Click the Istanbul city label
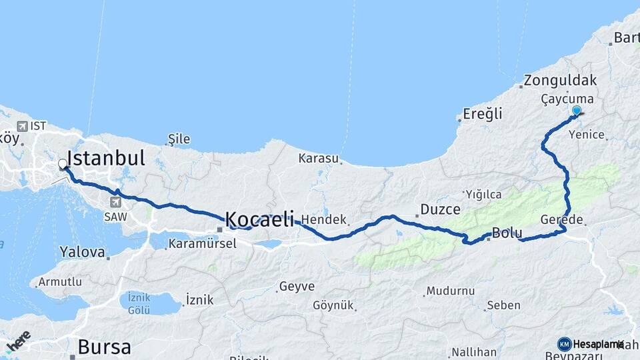pyautogui.click(x=106, y=159)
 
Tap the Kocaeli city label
pyautogui.click(x=260, y=219)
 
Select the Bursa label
pyautogui.click(x=104, y=347)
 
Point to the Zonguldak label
pyautogui.click(x=560, y=81)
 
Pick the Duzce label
pyautogui.click(x=440, y=209)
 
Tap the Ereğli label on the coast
pyautogui.click(x=483, y=114)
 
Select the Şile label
pyautogui.click(x=179, y=139)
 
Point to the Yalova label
pyautogui.click(x=82, y=252)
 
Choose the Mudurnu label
pyautogui.click(x=451, y=291)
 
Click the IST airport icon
pyautogui.click(x=22, y=126)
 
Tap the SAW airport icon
pyautogui.click(x=116, y=202)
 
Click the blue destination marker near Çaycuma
pyautogui.click(x=577, y=111)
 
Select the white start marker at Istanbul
pyautogui.click(x=62, y=163)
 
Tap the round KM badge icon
pyautogui.click(x=564, y=344)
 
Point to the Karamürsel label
pyautogui.click(x=202, y=243)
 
